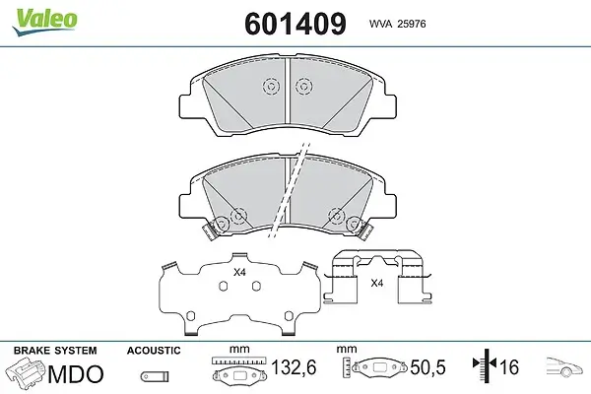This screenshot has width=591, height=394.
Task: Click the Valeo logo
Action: pyautogui.click(x=45, y=22)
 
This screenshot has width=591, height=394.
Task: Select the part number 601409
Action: pyautogui.click(x=295, y=24)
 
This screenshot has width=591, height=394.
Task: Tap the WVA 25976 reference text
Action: pyautogui.click(x=397, y=24)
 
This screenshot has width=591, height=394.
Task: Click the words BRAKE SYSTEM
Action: pyautogui.click(x=55, y=351)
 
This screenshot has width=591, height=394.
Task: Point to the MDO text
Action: pyautogui.click(x=76, y=374)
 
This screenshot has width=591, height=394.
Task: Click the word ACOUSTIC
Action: pyautogui.click(x=154, y=351)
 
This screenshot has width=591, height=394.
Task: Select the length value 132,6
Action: pyautogui.click(x=294, y=366)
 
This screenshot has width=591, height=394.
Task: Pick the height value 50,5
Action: pyautogui.click(x=427, y=366)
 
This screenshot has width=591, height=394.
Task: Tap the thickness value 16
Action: pyautogui.click(x=509, y=366)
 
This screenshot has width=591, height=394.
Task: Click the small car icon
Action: pyautogui.click(x=563, y=366)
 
